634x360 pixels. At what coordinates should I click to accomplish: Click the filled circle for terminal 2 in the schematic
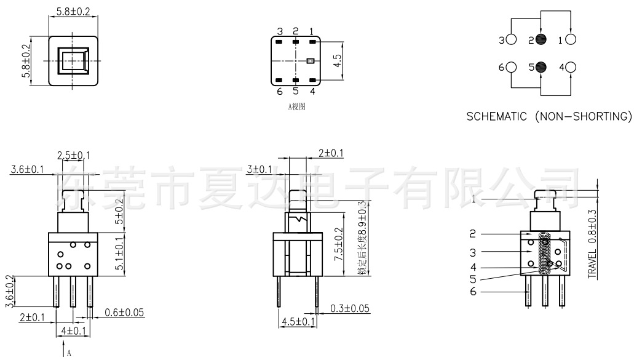coord(541,41)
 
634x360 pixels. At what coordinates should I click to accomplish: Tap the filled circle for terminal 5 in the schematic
coord(541,67)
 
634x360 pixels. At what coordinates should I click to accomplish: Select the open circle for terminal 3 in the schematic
coord(510,41)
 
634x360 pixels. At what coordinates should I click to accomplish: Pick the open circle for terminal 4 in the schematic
coord(570,67)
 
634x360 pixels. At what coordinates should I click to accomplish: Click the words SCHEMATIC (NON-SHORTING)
coord(549,116)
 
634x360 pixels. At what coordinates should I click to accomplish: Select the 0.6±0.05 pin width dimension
coord(124,313)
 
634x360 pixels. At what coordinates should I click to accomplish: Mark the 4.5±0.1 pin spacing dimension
coord(298,321)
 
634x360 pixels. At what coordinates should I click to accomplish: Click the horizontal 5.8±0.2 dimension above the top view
coord(73,12)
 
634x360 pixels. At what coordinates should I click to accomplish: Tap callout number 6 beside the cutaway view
coord(473,292)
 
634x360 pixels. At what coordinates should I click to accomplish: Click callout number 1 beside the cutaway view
coord(474,199)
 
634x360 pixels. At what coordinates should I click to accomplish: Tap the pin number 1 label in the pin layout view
coord(312,31)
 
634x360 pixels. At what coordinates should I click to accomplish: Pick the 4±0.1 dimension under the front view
coord(73,331)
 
